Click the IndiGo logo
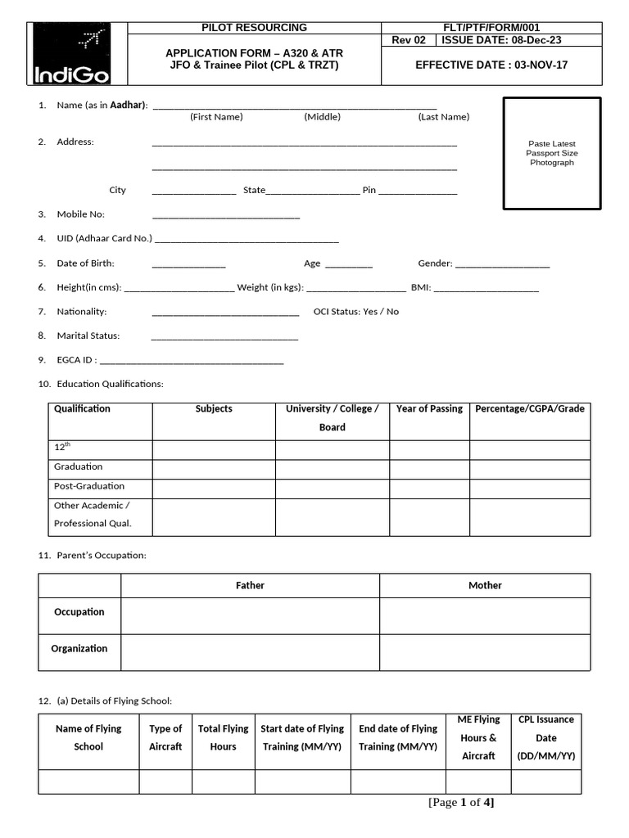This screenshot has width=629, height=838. pos(71,54)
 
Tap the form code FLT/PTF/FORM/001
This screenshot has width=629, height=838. pos(491,28)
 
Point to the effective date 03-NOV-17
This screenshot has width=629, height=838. pos(491,65)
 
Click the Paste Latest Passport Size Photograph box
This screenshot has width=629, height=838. pos(551,153)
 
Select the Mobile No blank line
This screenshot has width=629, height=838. pos(226,217)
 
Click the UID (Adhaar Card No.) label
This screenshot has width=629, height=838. pos(104,239)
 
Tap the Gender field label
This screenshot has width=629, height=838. pos(435,264)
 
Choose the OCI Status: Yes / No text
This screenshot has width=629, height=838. pos(356,312)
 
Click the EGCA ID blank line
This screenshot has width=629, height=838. pos(192,361)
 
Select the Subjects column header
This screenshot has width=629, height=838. pos(214,409)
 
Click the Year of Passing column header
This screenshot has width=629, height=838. pos(429,409)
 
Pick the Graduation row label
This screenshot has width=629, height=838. pos(79,466)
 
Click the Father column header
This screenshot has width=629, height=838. pos(250,586)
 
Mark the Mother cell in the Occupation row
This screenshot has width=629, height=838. pos(485,616)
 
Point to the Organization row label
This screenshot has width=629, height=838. pos(79,649)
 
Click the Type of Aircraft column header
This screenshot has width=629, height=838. pos(165,737)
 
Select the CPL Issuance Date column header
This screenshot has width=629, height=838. pos(546,737)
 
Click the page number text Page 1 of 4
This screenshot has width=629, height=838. pos(461,803)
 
